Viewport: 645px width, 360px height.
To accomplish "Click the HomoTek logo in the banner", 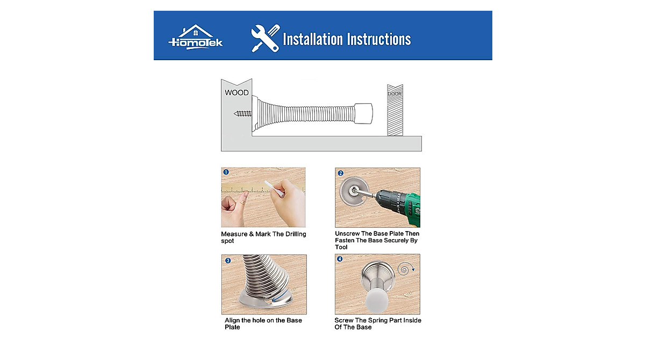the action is [x=196, y=37].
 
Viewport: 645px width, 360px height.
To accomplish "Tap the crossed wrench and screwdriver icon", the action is [x=265, y=38].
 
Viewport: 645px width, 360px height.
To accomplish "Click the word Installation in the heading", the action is [x=313, y=39].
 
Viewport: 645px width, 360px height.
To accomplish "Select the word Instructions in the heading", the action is [x=378, y=39].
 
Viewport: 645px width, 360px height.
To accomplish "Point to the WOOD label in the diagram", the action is [x=236, y=92].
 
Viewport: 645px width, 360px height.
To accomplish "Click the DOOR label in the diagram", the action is [x=395, y=94].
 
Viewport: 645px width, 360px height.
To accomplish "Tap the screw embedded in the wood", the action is [x=242, y=114].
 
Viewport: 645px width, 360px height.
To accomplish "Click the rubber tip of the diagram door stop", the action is [x=363, y=113].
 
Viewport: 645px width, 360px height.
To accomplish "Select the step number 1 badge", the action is [x=226, y=172].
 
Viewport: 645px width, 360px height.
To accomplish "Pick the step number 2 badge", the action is [x=341, y=173].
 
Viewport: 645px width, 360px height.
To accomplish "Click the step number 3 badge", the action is [x=228, y=261].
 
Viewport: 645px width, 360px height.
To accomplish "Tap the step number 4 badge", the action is [x=340, y=259].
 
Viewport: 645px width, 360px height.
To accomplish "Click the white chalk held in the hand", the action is [x=274, y=189].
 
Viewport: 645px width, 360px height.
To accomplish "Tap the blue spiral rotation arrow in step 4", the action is [x=406, y=269].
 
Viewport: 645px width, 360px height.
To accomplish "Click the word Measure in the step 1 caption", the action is [x=234, y=234].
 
